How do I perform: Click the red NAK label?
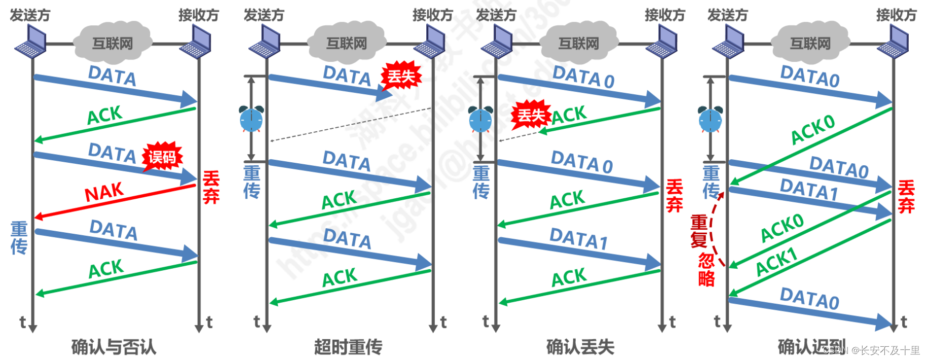[x=104, y=193]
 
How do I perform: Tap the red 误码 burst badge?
[x=162, y=157]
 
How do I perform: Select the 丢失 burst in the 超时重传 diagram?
[x=401, y=77]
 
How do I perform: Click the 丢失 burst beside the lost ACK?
[x=530, y=115]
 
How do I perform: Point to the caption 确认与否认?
[x=114, y=347]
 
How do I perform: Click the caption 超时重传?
[x=348, y=347]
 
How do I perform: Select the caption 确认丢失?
[x=580, y=347]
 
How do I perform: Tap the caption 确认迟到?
[x=811, y=347]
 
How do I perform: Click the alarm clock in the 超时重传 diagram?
[x=251, y=119]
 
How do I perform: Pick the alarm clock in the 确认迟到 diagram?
[x=710, y=119]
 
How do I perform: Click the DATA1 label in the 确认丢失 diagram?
[x=578, y=238]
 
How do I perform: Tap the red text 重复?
[x=699, y=231]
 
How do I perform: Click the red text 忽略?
[x=707, y=270]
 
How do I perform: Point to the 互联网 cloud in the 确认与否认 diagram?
[x=113, y=43]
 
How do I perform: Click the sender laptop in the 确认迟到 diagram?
[x=728, y=42]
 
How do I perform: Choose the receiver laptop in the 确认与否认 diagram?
[x=197, y=42]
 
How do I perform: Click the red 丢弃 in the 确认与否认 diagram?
[x=211, y=187]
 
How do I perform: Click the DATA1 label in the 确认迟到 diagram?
[x=808, y=190]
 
